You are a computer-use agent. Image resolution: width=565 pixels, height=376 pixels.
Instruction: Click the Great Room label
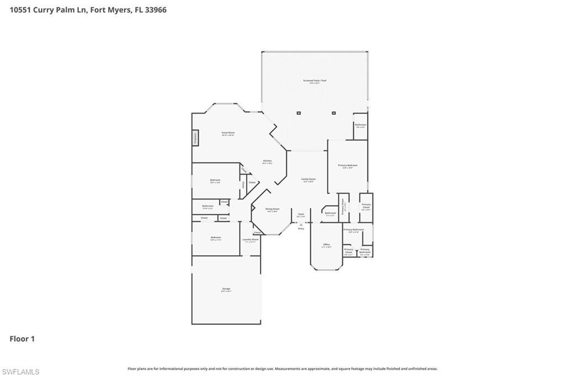point(228,133)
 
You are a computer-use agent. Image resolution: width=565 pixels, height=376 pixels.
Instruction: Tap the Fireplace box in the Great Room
point(195,138)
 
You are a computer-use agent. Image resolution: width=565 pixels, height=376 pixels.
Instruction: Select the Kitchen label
point(267,161)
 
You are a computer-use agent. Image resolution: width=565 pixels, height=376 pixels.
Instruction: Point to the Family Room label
point(308,179)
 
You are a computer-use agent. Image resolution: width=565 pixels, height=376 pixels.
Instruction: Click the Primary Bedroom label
point(348,165)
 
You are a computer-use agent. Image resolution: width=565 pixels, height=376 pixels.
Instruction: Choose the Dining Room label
point(273,209)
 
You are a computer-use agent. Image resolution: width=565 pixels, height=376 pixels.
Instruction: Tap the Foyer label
point(301,214)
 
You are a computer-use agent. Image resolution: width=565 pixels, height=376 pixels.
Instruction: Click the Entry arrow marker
point(301,226)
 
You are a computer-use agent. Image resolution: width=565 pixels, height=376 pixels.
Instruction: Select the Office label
point(327,245)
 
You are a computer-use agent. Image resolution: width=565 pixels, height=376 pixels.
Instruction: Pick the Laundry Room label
point(250,240)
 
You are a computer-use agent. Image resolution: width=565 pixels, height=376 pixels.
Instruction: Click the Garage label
point(226,289)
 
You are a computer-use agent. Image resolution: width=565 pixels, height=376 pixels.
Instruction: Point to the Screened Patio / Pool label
point(315,81)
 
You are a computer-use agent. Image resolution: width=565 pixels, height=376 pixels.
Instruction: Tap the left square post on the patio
point(299,113)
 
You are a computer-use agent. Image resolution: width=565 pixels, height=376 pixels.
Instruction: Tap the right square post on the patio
point(334,113)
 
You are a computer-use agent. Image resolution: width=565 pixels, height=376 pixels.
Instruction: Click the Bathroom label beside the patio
point(360,125)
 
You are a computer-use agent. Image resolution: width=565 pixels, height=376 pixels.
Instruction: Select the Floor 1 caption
point(22,339)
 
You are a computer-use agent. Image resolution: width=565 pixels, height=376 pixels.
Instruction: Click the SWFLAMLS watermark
point(20,372)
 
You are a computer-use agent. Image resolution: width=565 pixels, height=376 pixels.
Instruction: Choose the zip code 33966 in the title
point(154,10)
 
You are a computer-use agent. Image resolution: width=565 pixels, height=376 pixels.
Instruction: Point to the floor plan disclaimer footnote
point(282,369)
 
